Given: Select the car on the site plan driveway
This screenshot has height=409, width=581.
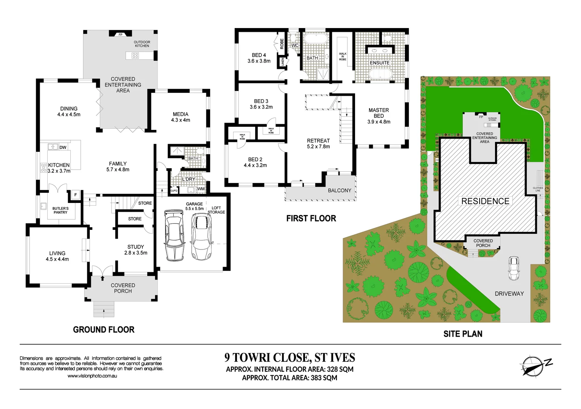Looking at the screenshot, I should (514, 268).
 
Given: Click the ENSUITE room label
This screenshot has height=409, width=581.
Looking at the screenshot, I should (380, 63).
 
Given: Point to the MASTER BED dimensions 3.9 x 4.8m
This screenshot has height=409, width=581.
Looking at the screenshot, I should (379, 122).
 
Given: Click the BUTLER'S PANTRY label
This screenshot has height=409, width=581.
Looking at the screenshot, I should (61, 211).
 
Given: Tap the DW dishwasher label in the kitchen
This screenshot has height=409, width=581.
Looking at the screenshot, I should (63, 147).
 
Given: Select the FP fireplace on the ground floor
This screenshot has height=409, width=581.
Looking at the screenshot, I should (120, 34).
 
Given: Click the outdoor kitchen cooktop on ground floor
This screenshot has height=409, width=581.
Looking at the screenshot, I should (135, 56).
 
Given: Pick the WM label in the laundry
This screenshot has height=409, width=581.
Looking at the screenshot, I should (201, 189).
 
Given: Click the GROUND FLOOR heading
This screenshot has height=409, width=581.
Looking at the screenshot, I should (104, 330).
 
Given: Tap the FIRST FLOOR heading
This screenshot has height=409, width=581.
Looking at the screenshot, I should (311, 219).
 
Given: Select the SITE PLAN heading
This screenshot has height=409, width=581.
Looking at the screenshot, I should (463, 334).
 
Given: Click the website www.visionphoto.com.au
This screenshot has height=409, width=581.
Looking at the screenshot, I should (92, 376).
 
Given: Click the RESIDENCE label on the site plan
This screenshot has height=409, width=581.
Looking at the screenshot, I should (485, 201).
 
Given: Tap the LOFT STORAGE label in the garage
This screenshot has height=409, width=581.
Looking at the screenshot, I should (216, 210).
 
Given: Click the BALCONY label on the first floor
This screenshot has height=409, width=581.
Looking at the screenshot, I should (340, 190).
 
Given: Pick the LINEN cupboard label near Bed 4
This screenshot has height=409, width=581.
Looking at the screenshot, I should (282, 62).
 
